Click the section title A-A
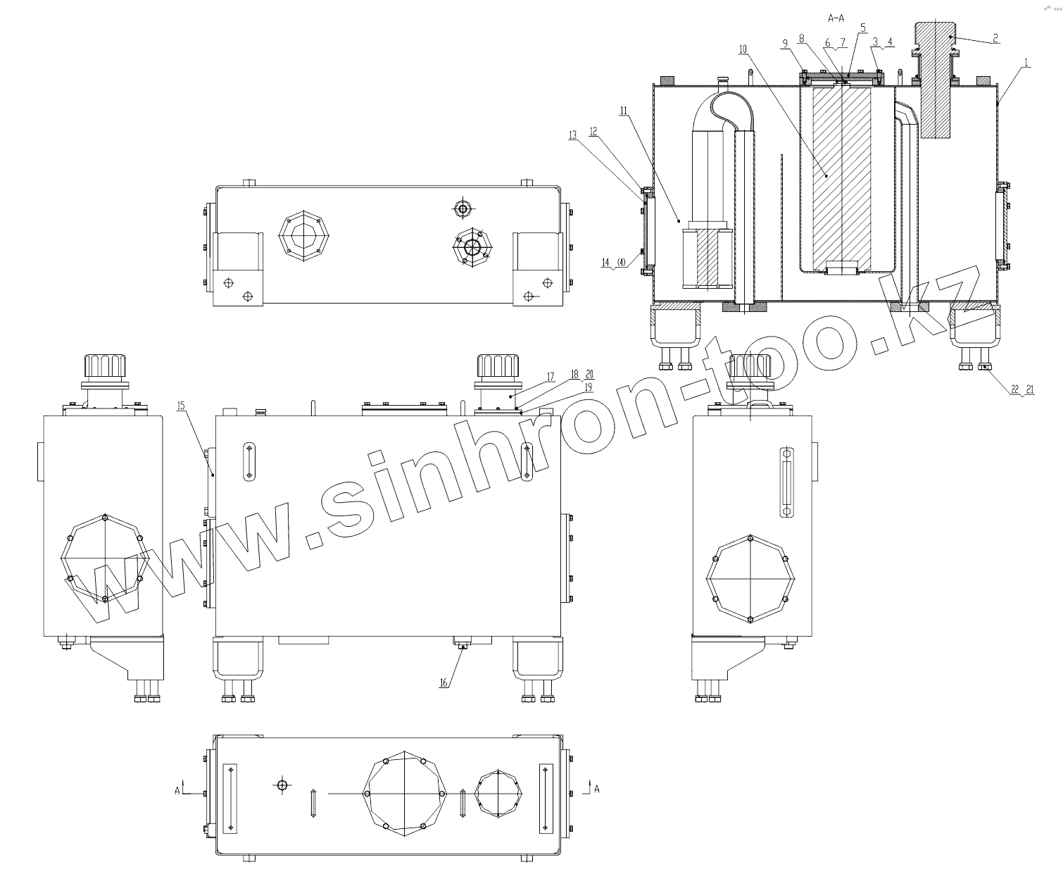pyautogui.click(x=836, y=18)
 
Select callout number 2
pyautogui.click(x=995, y=38)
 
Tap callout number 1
pyautogui.click(x=1026, y=63)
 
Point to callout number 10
pyautogui.click(x=743, y=49)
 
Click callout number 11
pyautogui.click(x=624, y=111)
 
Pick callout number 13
pyautogui.click(x=573, y=135)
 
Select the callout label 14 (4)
pyautogui.click(x=613, y=263)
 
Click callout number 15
pyautogui.click(x=181, y=406)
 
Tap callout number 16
pyautogui.click(x=444, y=683)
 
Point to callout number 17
pyautogui.click(x=551, y=377)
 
